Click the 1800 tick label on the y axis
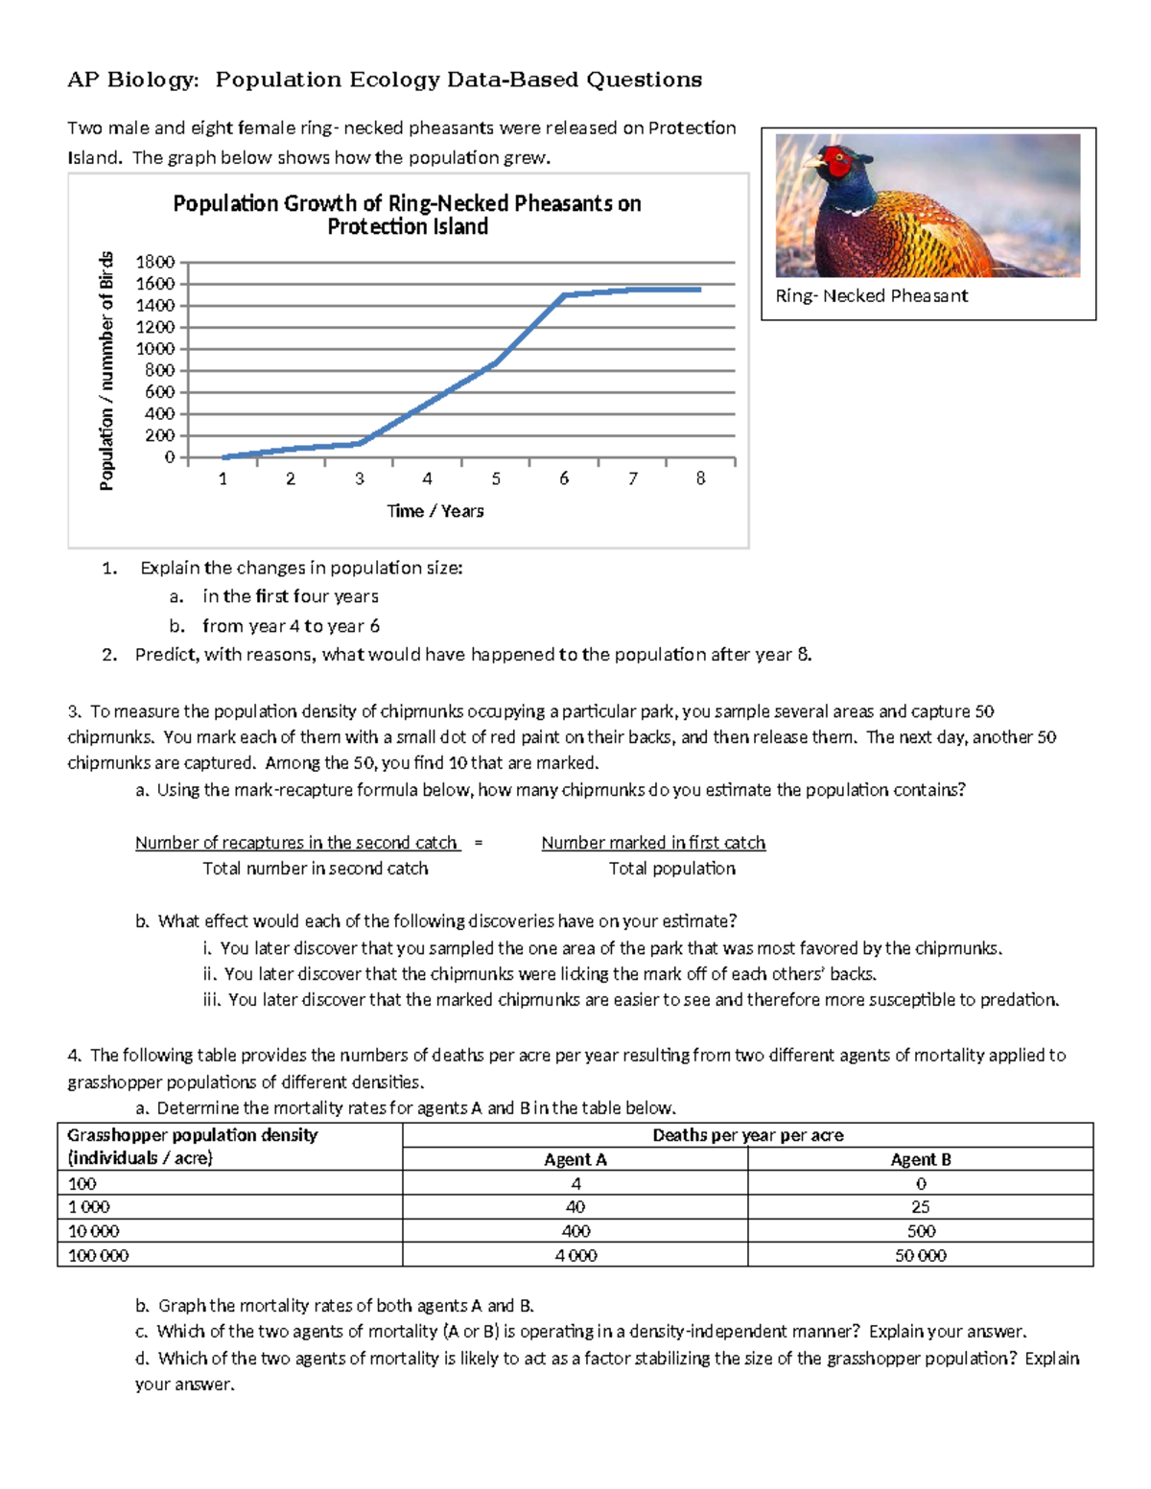tap(155, 262)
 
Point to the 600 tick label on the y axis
tap(159, 392)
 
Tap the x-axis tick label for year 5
tap(496, 478)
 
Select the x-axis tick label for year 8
tap(700, 478)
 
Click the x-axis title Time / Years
tap(435, 511)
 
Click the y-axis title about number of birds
tap(106, 370)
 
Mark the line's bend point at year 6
tap(564, 295)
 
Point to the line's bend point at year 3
tap(361, 443)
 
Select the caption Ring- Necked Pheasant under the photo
tap(871, 296)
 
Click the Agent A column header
tap(575, 1159)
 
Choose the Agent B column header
tap(920, 1159)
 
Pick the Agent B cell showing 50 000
tap(920, 1255)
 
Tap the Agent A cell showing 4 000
tap(575, 1255)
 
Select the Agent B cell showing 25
tap(920, 1207)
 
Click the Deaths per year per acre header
tap(747, 1135)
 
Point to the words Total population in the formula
tap(671, 869)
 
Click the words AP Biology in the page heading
tap(132, 80)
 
